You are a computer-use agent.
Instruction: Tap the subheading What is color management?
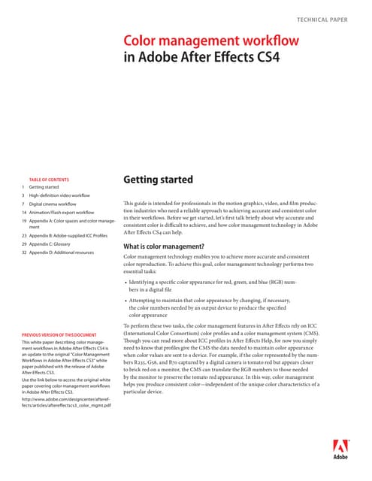[168, 246]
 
